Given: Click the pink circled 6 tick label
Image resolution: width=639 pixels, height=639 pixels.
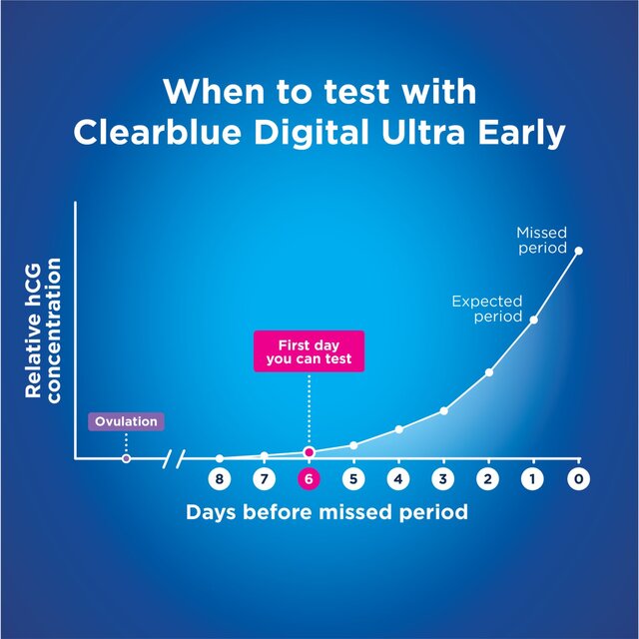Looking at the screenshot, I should (x=309, y=479).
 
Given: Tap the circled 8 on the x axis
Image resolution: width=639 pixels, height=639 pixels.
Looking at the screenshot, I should (x=220, y=479).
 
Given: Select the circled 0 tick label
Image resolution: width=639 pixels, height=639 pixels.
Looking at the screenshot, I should (x=578, y=479).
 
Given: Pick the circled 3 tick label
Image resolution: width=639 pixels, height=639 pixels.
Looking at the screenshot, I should (x=443, y=479).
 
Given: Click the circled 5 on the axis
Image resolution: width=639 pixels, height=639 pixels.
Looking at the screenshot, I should (x=353, y=479).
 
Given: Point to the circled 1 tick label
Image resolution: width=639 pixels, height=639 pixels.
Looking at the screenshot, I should (x=533, y=479).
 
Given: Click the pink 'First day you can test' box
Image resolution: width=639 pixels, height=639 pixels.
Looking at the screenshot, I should (x=309, y=351).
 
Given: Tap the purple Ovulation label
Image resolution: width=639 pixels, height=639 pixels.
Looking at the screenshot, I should (x=126, y=421).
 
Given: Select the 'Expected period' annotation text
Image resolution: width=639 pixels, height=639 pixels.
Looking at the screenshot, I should (x=487, y=308).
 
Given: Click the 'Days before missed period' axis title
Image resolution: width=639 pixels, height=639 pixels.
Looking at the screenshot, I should (x=326, y=512).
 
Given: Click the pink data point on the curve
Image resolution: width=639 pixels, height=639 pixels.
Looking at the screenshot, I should (x=309, y=452).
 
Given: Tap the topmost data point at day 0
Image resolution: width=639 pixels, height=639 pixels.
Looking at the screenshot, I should (x=578, y=251).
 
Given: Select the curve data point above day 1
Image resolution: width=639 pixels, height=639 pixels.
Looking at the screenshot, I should (x=533, y=319).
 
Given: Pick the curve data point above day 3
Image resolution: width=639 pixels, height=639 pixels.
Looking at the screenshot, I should (x=443, y=410).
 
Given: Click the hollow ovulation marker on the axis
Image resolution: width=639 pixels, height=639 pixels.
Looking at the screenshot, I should (x=126, y=458).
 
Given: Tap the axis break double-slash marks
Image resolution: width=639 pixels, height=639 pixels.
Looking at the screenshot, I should (x=175, y=458).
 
